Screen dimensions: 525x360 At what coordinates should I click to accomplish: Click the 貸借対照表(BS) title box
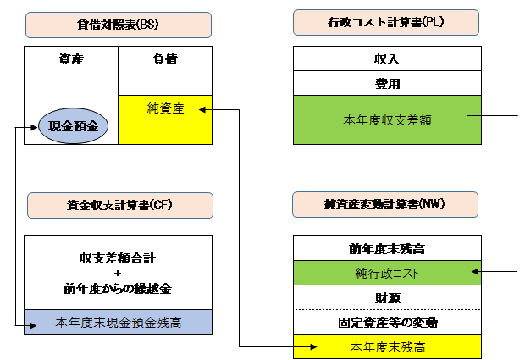tap(119, 25)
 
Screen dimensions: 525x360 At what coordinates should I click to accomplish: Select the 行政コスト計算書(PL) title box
tap(386, 22)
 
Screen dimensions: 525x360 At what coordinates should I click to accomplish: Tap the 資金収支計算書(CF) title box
tap(120, 205)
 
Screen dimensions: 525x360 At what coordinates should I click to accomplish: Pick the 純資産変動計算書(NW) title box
tap(385, 205)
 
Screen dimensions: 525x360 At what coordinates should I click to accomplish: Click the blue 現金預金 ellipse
tap(74, 126)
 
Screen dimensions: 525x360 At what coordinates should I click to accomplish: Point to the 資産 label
tap(71, 59)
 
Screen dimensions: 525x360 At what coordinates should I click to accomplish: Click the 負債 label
tap(165, 59)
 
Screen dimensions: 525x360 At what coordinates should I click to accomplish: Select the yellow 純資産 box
tap(165, 120)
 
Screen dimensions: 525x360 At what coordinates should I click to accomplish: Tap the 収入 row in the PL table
tap(387, 58)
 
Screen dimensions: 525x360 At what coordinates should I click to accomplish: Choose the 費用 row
tap(387, 83)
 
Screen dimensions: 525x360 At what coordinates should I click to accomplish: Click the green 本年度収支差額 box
tap(387, 120)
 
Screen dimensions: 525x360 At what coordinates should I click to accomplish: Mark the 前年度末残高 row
tap(387, 248)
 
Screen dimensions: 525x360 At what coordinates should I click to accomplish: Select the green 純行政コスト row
tap(387, 273)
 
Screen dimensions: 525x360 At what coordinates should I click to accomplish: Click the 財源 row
tap(387, 297)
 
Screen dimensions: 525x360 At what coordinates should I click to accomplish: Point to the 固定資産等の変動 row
tap(387, 322)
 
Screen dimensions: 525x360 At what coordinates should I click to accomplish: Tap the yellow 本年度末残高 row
tap(387, 346)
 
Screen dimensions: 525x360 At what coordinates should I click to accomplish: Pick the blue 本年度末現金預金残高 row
tap(118, 322)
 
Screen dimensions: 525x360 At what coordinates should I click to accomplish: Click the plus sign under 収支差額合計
tap(118, 274)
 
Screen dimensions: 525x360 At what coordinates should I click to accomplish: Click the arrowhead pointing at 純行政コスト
tap(475, 271)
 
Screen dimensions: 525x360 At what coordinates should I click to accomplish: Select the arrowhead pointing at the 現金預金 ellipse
tap(34, 127)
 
